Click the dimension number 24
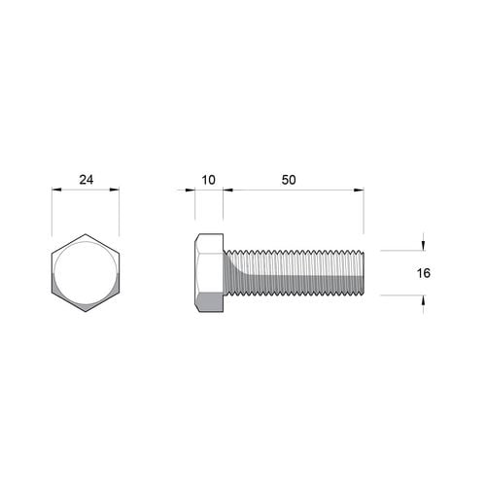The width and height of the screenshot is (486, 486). pos(86,179)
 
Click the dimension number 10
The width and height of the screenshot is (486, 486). pos(208,179)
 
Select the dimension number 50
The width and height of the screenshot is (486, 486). pos(289,179)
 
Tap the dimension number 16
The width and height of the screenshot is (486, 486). pos(423,273)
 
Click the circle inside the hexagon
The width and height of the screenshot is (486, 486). pos(86,273)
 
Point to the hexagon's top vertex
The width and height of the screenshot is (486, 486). pos(86,233)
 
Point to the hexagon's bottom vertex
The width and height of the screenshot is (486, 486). pos(86,313)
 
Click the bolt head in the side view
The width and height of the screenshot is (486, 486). pos(209,273)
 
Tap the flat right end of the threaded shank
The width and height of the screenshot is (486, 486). pos(363,273)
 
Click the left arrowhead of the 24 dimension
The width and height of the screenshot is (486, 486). pos(55,191)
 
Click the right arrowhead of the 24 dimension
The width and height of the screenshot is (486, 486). pos(116,191)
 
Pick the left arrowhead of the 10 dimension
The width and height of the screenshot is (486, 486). pos(197,191)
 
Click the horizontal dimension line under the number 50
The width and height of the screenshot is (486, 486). pos(292,191)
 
